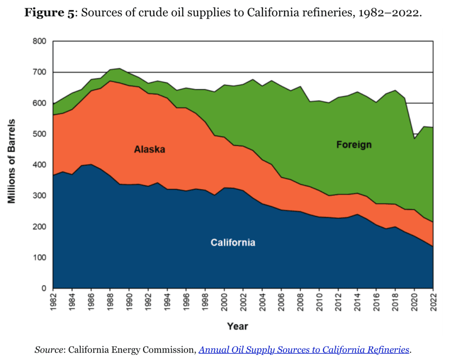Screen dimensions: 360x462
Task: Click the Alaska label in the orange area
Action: point(149,150)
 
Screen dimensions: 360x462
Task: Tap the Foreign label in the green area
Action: point(354,145)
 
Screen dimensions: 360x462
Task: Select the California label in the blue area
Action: point(233,243)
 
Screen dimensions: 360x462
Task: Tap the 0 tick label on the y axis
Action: point(44,288)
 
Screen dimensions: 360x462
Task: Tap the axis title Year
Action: point(238,327)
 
